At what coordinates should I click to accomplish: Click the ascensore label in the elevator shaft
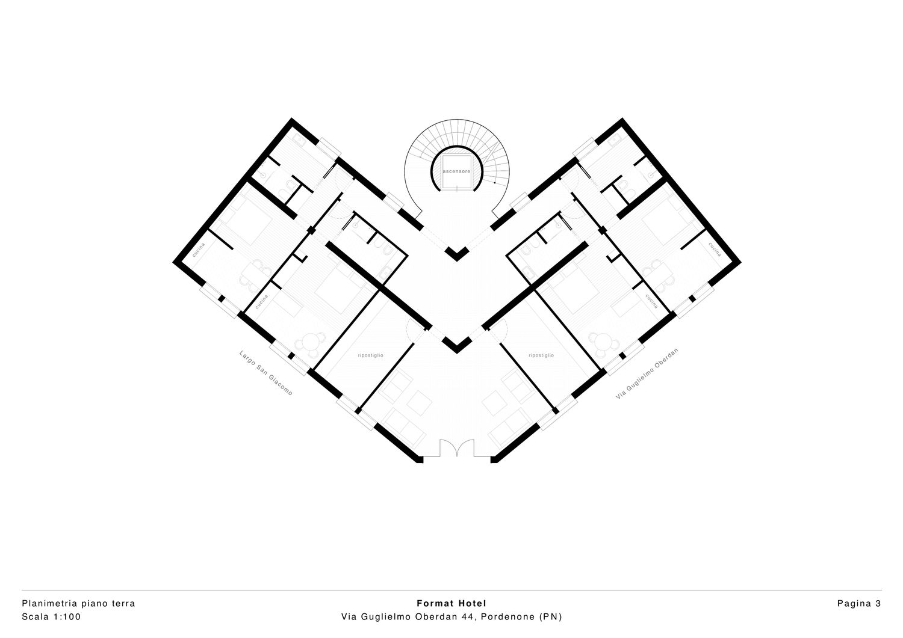[x=456, y=171]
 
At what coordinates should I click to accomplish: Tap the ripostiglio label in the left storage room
[x=370, y=355]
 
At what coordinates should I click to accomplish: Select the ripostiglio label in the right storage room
[x=541, y=355]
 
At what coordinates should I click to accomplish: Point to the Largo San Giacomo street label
[x=265, y=373]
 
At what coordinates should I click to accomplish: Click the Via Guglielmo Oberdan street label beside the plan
[x=647, y=373]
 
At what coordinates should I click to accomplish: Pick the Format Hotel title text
[x=451, y=603]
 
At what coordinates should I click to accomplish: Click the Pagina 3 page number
[x=859, y=603]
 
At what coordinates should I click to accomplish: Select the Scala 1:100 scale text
[x=51, y=616]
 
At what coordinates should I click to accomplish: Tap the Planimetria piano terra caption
[x=78, y=603]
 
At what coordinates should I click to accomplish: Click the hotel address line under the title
[x=451, y=616]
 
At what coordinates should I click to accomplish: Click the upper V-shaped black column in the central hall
[x=457, y=254]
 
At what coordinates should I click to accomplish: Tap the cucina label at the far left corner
[x=199, y=250]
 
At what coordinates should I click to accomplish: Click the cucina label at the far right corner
[x=715, y=250]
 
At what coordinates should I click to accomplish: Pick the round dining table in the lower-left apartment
[x=309, y=345]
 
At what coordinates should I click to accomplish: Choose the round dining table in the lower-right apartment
[x=604, y=345]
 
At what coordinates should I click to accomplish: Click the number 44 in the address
[x=468, y=616]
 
